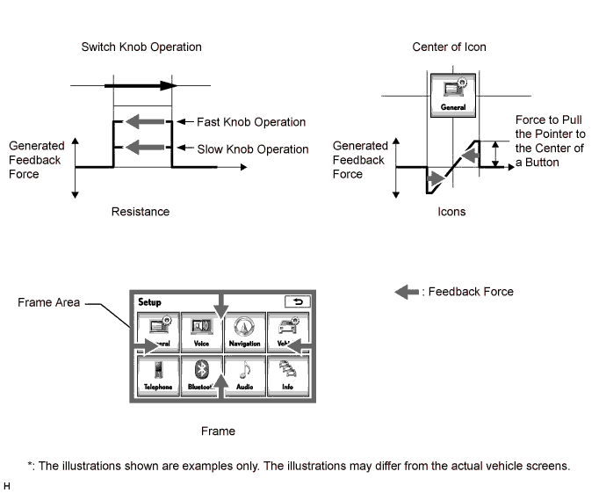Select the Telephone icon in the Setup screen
158,375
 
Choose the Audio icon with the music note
244,375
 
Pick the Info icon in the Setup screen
287,375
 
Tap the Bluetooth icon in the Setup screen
201,375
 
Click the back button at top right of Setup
298,301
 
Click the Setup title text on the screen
149,301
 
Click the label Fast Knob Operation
252,122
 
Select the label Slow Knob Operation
253,149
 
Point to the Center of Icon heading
449,47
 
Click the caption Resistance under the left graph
141,212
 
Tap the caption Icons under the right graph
451,212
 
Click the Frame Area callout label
48,302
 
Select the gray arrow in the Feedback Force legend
407,292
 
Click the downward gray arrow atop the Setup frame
221,304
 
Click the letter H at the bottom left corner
7,485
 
